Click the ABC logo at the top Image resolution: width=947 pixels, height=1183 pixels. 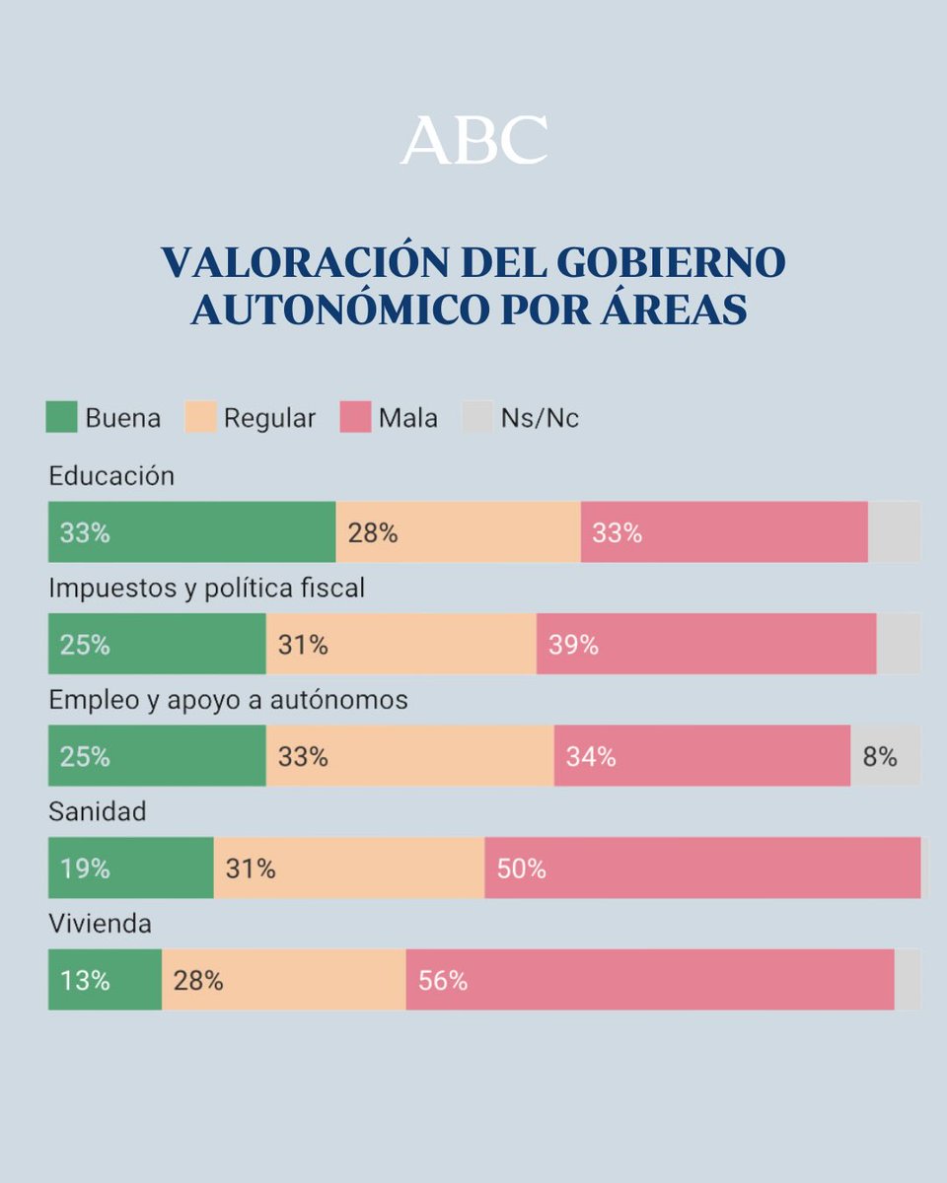coord(473,140)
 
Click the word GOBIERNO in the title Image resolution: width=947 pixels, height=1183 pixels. coord(671,263)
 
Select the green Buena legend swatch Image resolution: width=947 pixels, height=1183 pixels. coord(61,417)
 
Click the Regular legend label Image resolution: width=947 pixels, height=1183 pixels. coord(269,418)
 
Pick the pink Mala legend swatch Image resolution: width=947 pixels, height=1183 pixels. coord(355,417)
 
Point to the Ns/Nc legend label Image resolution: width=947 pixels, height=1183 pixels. coord(540,418)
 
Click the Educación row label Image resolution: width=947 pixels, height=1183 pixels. coord(111,476)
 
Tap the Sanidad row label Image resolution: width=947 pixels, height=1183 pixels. coord(98,811)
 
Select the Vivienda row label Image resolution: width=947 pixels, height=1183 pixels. coord(101,924)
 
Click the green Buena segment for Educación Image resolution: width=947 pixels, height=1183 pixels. coord(192,532)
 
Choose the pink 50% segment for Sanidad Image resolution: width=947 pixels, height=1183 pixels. coord(702,869)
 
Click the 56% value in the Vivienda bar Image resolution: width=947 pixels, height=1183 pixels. coord(443,981)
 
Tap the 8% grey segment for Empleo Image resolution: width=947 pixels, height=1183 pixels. coord(885,756)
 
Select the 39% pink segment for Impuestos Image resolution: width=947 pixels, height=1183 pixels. coord(706,645)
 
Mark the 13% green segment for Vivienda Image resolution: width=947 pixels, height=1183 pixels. coord(105,981)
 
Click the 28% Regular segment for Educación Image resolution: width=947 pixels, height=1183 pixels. coord(458,532)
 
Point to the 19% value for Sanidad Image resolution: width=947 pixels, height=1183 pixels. coord(85,869)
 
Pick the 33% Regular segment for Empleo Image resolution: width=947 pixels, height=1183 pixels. coord(409,756)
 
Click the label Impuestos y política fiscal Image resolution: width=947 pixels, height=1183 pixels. coord(207,589)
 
